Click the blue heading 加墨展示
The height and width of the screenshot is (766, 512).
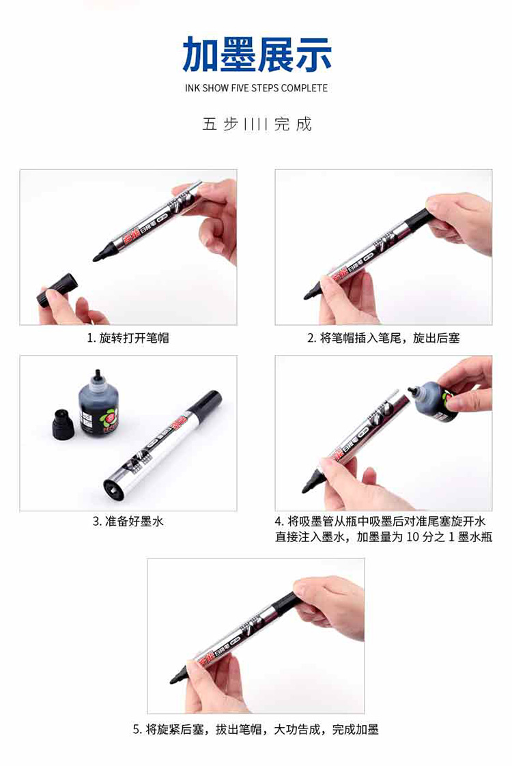[x=257, y=53]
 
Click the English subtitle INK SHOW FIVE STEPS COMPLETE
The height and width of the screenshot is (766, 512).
[x=256, y=88]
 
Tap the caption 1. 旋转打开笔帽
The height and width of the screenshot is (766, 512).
[x=128, y=337]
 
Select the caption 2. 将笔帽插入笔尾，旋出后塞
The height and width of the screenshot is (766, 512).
[x=384, y=337]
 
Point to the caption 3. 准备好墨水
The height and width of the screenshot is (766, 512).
[x=128, y=522]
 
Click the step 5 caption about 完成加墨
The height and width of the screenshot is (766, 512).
[x=256, y=729]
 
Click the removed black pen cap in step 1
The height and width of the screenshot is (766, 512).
[x=57, y=290]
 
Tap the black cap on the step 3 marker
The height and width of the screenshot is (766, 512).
[x=207, y=402]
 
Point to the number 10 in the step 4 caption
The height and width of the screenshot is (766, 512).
[x=413, y=537]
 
